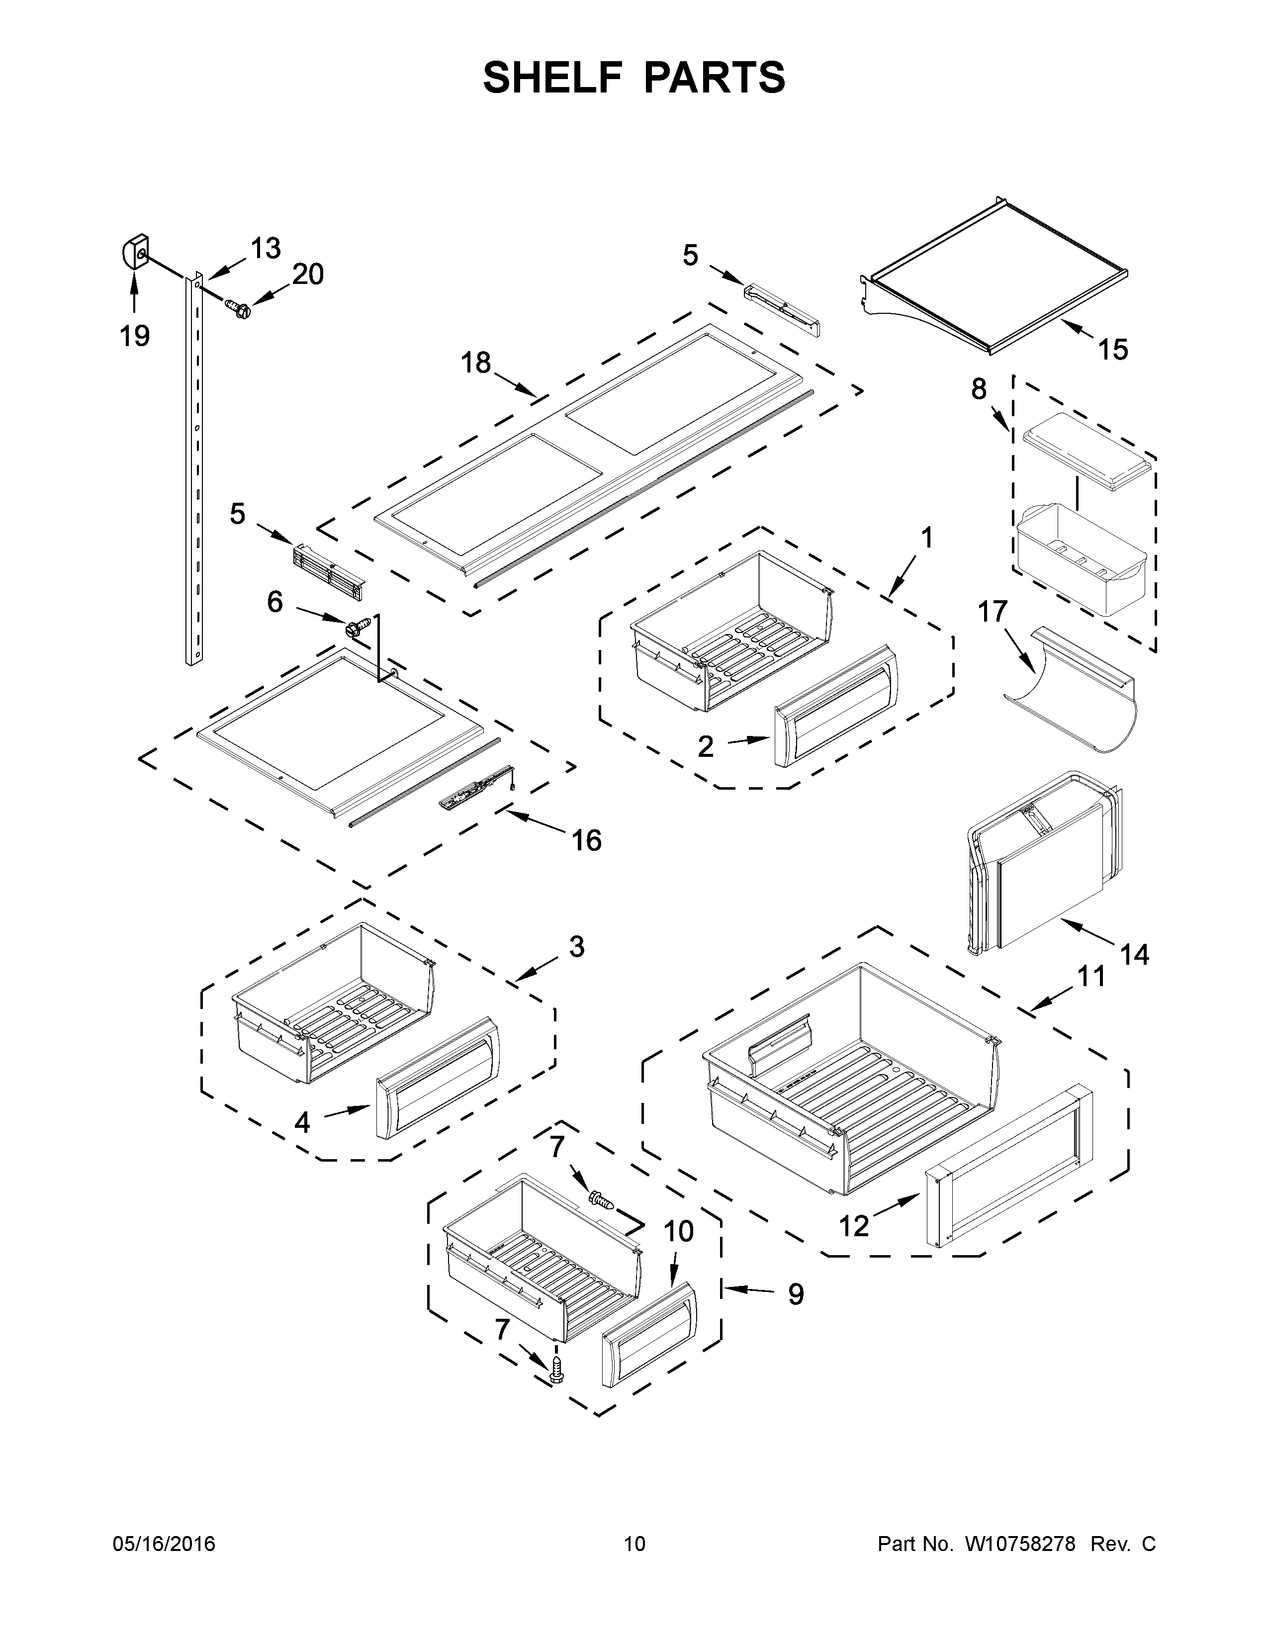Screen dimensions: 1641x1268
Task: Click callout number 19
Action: pyautogui.click(x=135, y=335)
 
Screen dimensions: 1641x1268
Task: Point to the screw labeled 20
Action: pyautogui.click(x=237, y=308)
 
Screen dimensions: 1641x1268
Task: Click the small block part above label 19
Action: pyautogui.click(x=135, y=252)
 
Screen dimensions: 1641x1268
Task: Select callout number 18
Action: pyautogui.click(x=475, y=364)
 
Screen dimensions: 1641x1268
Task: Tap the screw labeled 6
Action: pyautogui.click(x=359, y=625)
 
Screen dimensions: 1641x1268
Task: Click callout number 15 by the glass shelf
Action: pyautogui.click(x=1113, y=350)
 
